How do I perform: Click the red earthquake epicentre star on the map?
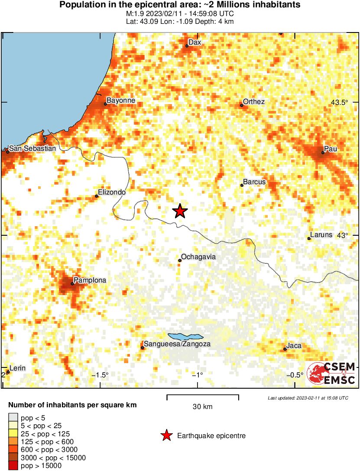pyautogui.click(x=180, y=211)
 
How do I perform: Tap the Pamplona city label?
pyautogui.click(x=90, y=280)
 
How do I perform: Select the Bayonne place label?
pyautogui.click(x=121, y=101)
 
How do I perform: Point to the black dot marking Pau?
pyautogui.click(x=323, y=153)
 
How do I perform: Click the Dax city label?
pyautogui.click(x=195, y=42)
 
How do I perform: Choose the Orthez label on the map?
pyautogui.click(x=254, y=101)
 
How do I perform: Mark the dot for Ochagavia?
pyautogui.click(x=180, y=260)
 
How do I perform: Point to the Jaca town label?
pyautogui.click(x=294, y=346)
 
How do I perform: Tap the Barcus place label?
pyautogui.click(x=254, y=182)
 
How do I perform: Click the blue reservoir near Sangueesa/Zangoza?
pyautogui.click(x=185, y=336)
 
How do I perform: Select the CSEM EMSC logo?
pyautogui.click(x=331, y=373)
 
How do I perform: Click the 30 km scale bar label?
pyautogui.click(x=203, y=406)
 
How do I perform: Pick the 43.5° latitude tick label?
pyautogui.click(x=340, y=103)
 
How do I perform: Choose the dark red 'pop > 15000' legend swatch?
pyautogui.click(x=13, y=466)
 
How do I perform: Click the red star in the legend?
pyautogui.click(x=166, y=436)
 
